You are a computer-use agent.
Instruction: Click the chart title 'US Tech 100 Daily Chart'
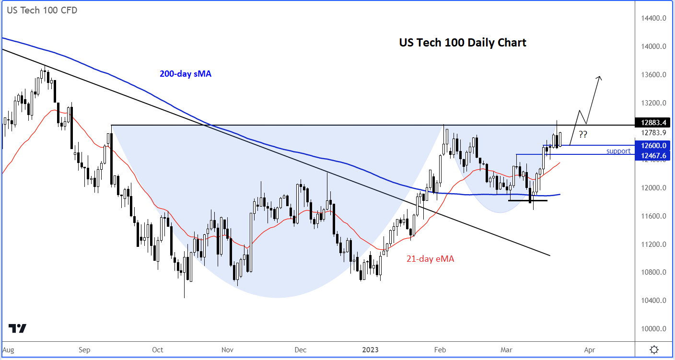pyautogui.click(x=463, y=43)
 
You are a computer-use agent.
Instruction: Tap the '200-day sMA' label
pyautogui.click(x=186, y=74)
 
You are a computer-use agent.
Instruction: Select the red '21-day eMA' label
pyautogui.click(x=430, y=259)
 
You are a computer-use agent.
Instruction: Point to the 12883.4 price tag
pyautogui.click(x=653, y=122)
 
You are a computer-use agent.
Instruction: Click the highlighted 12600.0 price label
pyautogui.click(x=653, y=145)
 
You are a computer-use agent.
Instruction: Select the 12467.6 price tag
pyautogui.click(x=653, y=155)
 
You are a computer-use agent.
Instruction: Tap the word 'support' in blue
pyautogui.click(x=618, y=151)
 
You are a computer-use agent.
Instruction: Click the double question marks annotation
pyautogui.click(x=582, y=134)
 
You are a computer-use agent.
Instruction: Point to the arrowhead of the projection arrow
pyautogui.click(x=599, y=78)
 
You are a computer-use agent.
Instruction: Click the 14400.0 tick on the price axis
pyautogui.click(x=654, y=18)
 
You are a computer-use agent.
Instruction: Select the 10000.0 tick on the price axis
pyautogui.click(x=654, y=329)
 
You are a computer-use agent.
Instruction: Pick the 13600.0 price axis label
pyautogui.click(x=654, y=75)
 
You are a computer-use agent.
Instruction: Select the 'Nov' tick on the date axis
pyautogui.click(x=228, y=349)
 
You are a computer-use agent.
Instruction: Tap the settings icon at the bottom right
pyautogui.click(x=654, y=349)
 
